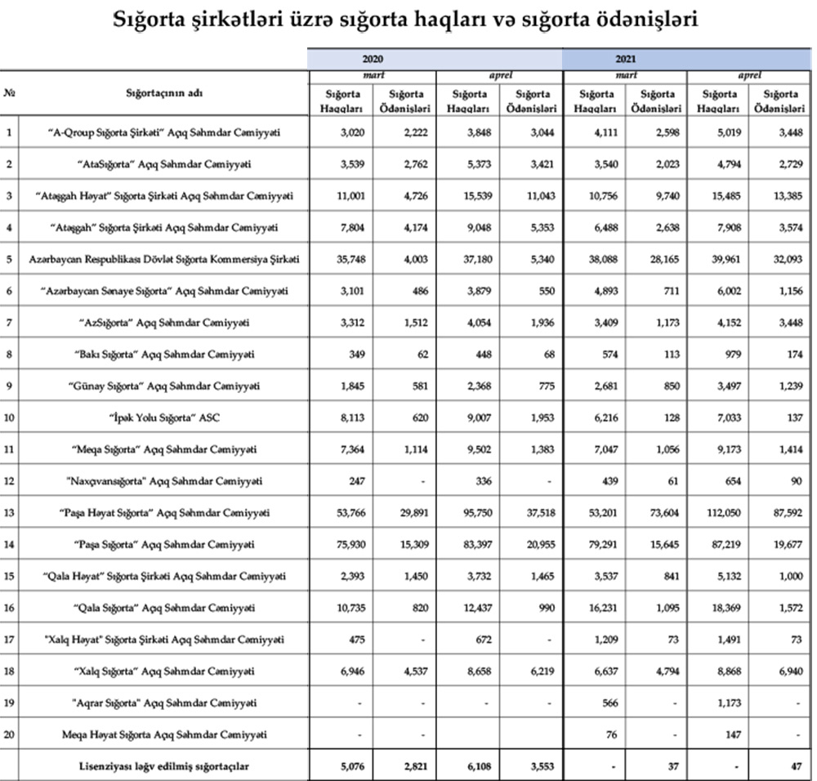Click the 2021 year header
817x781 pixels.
(x=626, y=60)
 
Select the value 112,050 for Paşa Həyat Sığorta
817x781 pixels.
(x=721, y=513)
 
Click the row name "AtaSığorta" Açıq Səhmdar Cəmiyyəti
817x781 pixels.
(x=166, y=164)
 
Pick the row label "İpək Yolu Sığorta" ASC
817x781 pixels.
(x=165, y=418)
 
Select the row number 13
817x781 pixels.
(x=10, y=513)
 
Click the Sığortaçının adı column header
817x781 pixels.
(x=164, y=93)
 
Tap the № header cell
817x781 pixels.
(x=10, y=93)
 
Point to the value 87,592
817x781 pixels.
(x=783, y=513)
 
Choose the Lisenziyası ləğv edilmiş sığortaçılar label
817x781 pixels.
(x=166, y=765)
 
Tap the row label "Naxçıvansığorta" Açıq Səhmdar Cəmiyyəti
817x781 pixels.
(x=166, y=481)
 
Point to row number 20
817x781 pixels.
(x=10, y=734)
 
